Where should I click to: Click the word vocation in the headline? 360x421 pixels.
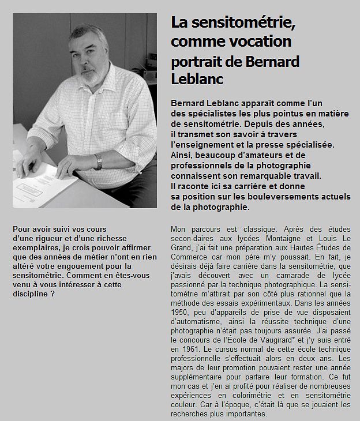pyautogui.click(x=258, y=42)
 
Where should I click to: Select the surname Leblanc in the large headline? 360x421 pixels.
pyautogui.click(x=197, y=79)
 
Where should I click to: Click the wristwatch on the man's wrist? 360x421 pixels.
pyautogui.click(x=99, y=162)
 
